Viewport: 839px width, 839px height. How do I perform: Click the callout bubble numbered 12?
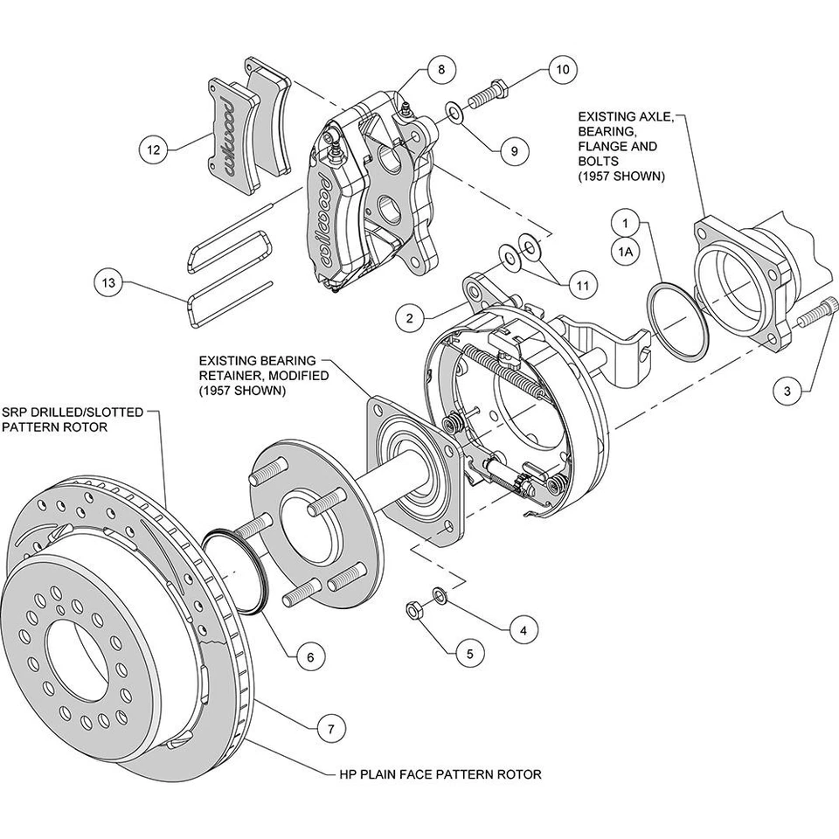tap(154, 149)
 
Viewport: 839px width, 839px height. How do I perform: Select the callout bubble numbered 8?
tap(441, 68)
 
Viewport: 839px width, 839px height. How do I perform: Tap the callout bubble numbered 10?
tap(563, 68)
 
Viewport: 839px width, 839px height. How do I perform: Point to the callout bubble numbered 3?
tap(787, 392)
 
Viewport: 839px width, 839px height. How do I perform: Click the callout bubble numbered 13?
tap(107, 283)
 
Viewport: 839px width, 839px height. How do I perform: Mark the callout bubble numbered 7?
tap(329, 727)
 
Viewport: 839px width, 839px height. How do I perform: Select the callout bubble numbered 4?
tap(523, 628)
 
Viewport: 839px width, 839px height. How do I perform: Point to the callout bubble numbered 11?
tap(581, 285)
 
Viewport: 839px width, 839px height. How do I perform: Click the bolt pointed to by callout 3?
tap(824, 313)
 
